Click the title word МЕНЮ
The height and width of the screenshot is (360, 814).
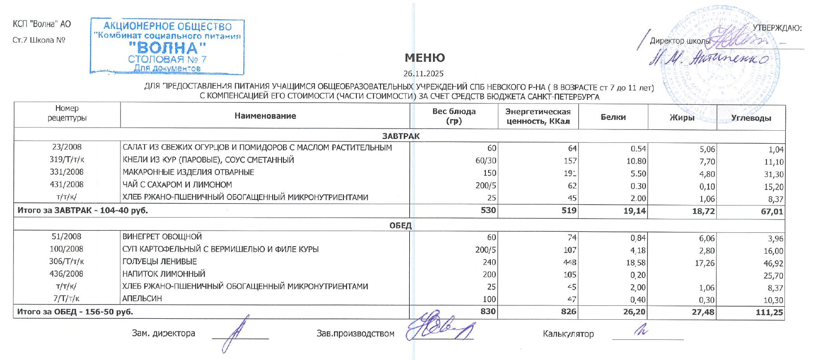click(424, 58)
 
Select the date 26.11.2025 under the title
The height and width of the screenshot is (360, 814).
click(423, 73)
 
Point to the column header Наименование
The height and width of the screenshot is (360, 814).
click(265, 116)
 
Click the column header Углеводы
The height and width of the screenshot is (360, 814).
click(751, 118)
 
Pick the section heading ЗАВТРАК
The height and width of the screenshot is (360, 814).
click(401, 136)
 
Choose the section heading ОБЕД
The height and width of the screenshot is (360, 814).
click(400, 225)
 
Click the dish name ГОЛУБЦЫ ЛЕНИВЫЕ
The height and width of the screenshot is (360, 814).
click(160, 261)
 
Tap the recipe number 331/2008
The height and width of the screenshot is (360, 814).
click(67, 172)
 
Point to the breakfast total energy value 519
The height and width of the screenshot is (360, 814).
click(569, 210)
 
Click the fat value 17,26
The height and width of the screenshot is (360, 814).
click(705, 263)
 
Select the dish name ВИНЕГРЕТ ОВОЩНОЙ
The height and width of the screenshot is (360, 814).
click(162, 237)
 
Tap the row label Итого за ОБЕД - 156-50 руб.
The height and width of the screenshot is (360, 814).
click(75, 312)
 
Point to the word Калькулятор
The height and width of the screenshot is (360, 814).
click(568, 334)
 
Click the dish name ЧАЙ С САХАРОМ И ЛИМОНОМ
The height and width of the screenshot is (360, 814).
click(177, 184)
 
